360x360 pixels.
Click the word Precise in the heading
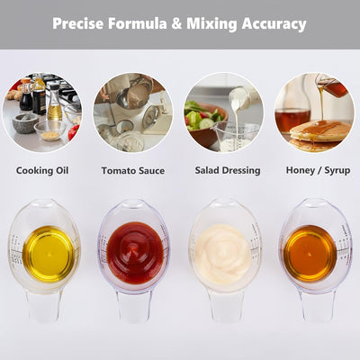click(x=77, y=23)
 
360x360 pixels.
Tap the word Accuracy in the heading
click(x=274, y=24)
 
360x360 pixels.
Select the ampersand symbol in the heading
click(x=176, y=23)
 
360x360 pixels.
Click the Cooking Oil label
click(x=42, y=171)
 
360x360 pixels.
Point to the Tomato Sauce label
click(x=133, y=171)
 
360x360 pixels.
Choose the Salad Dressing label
click(x=228, y=170)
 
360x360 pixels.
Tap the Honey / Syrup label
click(x=318, y=170)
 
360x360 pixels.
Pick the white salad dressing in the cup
click(x=222, y=254)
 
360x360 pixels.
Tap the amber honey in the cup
click(x=310, y=253)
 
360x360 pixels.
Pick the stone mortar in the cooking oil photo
click(x=25, y=122)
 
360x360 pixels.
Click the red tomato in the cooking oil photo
click(x=74, y=132)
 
